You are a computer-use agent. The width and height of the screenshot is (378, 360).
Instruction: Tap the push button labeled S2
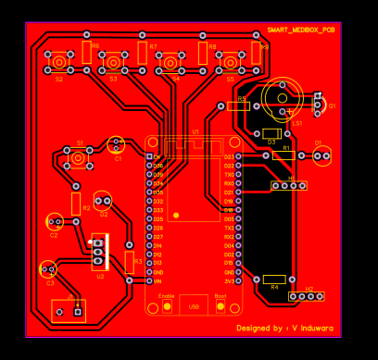(x=58, y=63)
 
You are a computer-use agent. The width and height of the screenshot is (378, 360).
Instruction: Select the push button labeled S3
(x=114, y=63)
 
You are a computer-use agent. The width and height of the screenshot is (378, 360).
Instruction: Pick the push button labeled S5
(x=231, y=63)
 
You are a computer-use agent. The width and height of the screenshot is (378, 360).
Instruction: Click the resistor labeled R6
(x=86, y=52)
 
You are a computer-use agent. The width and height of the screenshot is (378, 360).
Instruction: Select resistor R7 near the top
(x=143, y=52)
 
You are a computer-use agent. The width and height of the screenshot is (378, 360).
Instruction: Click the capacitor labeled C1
(x=116, y=144)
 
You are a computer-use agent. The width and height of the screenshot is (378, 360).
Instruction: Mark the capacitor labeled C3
(x=47, y=269)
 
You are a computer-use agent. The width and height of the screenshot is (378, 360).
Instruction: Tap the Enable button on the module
(x=167, y=304)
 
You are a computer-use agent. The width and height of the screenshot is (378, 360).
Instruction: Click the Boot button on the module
(x=220, y=304)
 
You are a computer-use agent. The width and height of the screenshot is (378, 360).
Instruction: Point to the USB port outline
(x=194, y=305)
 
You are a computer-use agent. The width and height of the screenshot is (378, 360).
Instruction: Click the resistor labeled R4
(x=274, y=279)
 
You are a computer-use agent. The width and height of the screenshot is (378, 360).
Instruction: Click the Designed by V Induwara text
(x=284, y=328)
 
